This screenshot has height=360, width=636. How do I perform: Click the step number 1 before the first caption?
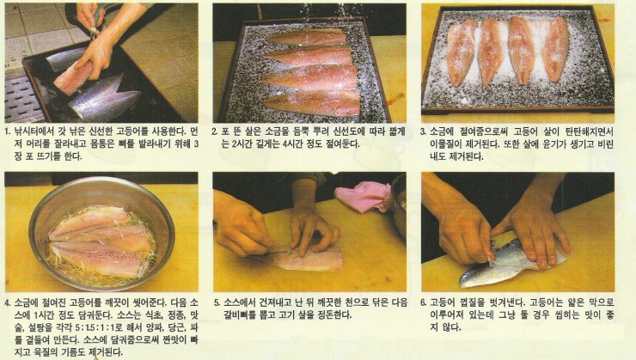point(7,131)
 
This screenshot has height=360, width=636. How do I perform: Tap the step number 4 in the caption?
point(8,303)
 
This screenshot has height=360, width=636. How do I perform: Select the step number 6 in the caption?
point(424,302)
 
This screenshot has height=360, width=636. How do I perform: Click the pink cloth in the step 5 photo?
point(363,195)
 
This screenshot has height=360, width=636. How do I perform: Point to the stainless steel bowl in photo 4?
point(101,234)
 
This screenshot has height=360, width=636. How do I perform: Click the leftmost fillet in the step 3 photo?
point(461,52)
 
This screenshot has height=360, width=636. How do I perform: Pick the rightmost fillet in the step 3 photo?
point(556,49)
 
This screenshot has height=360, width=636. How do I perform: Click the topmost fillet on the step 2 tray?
point(307,38)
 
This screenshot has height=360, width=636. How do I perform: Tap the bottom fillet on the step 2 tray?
point(312,104)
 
